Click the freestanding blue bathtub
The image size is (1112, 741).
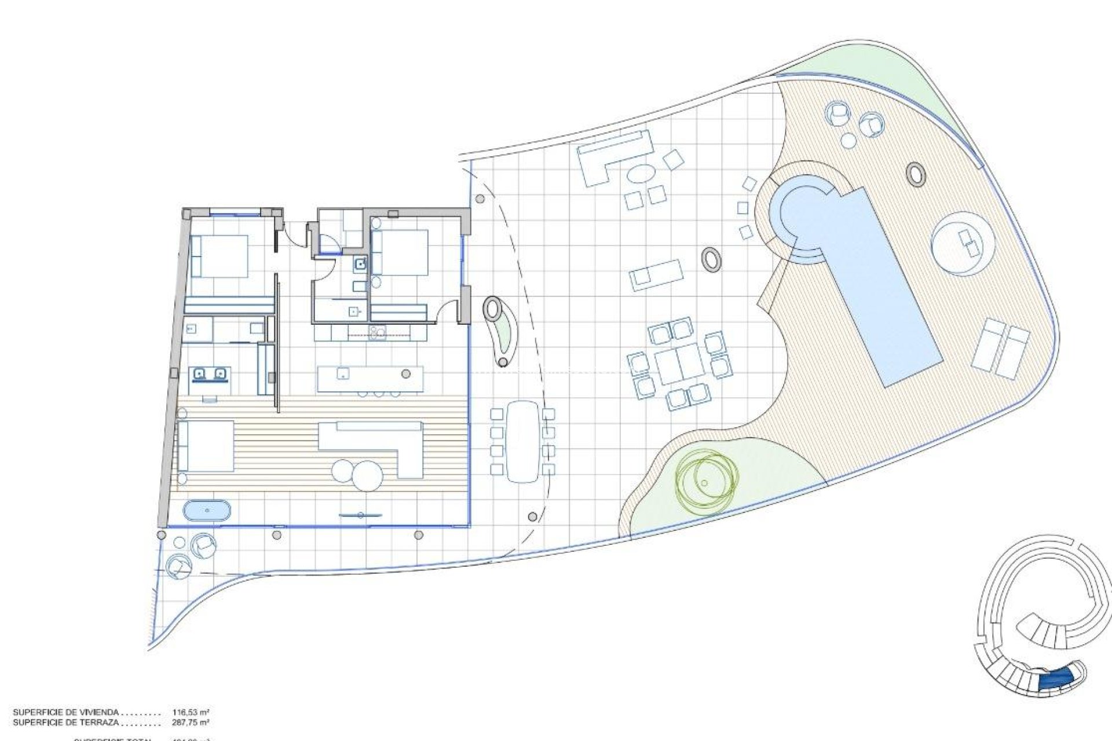point(207,511)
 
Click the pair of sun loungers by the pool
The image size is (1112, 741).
point(1001,350)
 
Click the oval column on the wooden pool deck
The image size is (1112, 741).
point(916,173)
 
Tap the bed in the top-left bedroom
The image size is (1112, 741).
point(219,256)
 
